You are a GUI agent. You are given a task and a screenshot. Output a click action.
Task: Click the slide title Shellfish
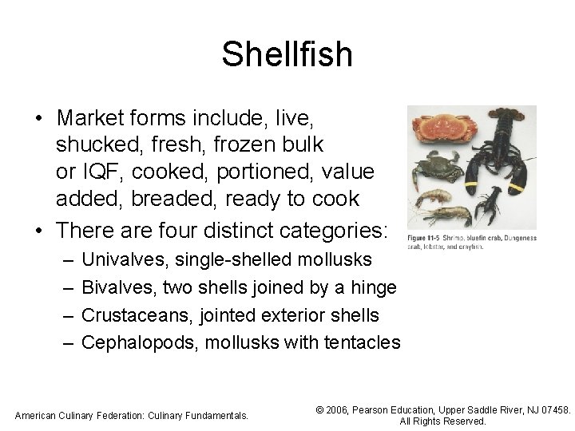(x=287, y=54)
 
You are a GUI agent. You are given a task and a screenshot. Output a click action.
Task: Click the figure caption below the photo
(x=471, y=242)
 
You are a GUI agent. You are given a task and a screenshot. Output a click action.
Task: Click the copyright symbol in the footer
(x=321, y=409)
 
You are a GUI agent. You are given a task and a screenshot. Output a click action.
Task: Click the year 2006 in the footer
(x=341, y=409)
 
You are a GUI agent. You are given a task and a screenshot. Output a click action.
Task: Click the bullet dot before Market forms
(x=39, y=119)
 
